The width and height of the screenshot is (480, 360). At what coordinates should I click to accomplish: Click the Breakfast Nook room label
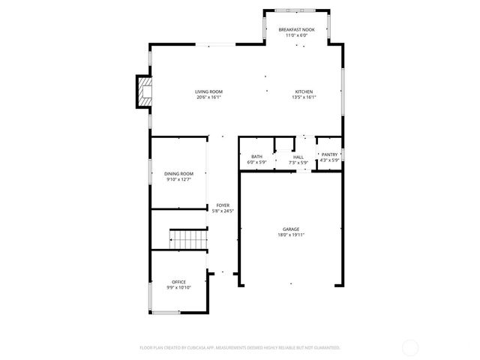point(296,29)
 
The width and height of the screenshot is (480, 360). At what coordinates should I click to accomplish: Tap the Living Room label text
point(209,91)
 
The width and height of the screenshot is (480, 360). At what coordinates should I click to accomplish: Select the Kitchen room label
point(304,91)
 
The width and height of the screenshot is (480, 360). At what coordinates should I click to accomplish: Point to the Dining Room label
point(178,173)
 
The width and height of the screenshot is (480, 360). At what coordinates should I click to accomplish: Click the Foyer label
point(223,205)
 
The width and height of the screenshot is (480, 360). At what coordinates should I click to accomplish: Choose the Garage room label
point(291,229)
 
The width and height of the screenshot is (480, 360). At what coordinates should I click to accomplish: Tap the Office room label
point(178,282)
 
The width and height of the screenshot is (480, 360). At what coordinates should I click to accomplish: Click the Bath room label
point(256,157)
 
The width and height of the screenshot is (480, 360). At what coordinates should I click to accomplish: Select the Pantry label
point(329,154)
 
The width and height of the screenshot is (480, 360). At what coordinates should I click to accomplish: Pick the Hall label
point(298,157)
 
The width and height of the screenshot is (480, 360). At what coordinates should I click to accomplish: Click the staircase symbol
point(188,240)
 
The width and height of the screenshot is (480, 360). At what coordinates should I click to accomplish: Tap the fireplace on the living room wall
point(142,91)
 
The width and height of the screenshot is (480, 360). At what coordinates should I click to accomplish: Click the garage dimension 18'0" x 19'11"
point(291,235)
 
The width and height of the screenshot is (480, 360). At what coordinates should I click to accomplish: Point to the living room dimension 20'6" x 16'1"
point(209,97)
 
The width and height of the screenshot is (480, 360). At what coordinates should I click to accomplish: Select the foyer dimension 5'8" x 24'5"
point(223,211)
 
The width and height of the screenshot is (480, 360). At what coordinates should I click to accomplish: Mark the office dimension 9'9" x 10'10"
point(178,288)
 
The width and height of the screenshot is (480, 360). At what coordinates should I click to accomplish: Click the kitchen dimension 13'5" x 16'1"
point(304,97)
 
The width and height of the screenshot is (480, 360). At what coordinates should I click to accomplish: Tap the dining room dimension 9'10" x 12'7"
point(178,179)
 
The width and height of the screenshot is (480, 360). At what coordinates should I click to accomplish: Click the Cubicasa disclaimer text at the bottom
point(240,347)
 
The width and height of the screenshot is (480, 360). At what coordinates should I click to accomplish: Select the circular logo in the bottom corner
point(410,347)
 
